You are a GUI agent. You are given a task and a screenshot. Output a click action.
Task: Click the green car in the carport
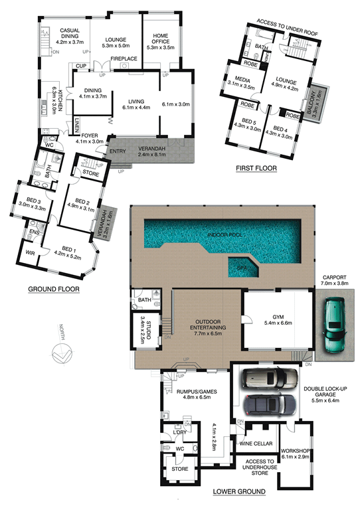335,325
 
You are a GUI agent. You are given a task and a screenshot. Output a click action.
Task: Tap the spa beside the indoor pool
243,267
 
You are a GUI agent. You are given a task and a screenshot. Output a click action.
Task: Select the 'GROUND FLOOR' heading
54,289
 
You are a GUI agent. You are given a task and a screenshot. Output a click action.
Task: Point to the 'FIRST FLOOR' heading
256,169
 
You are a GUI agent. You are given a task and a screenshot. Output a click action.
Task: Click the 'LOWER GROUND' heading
239,491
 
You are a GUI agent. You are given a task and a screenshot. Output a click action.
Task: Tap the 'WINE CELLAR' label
256,444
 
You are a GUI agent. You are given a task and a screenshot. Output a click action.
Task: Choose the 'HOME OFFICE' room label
161,39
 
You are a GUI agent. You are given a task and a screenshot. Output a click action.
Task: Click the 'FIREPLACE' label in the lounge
124,58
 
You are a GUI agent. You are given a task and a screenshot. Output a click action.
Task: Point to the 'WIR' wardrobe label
30,254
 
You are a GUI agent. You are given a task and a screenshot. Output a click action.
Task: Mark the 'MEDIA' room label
242,80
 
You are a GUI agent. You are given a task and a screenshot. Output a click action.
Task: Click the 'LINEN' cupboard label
77,126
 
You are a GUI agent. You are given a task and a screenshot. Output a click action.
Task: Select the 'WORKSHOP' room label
295,451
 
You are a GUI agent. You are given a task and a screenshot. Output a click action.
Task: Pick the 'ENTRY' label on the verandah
118,151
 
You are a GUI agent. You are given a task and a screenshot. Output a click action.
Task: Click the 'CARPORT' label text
335,278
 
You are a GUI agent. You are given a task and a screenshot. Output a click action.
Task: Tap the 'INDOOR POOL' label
225,235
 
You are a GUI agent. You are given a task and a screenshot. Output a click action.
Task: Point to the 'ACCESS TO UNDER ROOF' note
287,27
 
